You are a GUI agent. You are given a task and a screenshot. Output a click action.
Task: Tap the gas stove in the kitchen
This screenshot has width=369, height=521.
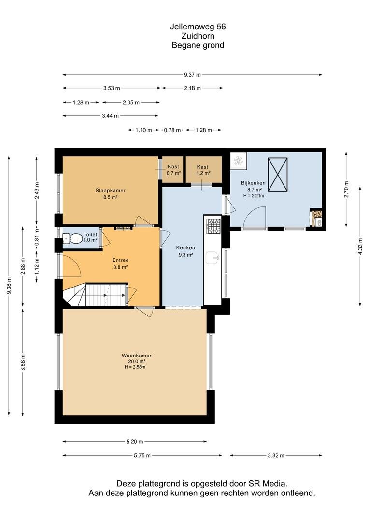click(x=213, y=225)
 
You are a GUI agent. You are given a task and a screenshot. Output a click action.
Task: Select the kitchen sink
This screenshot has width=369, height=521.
click(x=213, y=258)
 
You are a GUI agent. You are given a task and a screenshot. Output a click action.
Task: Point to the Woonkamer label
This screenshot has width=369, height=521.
click(x=136, y=356)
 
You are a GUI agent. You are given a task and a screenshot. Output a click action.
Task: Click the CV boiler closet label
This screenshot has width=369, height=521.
click(x=317, y=213)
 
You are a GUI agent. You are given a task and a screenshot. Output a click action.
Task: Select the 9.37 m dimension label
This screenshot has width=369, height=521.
click(x=193, y=75)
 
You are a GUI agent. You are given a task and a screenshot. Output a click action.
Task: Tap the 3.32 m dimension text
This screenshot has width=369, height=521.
click(x=276, y=455)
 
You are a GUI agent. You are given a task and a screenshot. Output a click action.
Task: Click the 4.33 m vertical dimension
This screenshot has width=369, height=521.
click(x=360, y=247)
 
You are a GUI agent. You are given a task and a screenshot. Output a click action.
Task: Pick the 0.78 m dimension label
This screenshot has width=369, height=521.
click(x=172, y=130)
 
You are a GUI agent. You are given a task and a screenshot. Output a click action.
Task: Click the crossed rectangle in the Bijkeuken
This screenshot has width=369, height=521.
click(x=278, y=175)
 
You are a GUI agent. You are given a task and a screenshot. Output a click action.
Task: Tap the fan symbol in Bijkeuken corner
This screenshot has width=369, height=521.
click(x=239, y=161)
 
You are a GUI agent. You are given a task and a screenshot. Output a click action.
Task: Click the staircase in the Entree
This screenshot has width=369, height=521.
click(x=95, y=294)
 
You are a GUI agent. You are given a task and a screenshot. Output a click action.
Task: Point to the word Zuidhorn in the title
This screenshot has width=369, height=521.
click(x=198, y=36)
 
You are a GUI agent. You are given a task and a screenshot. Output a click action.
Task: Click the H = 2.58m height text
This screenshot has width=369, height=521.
click(x=135, y=367)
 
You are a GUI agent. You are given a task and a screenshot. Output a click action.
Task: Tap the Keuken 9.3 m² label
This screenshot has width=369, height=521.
click(x=185, y=251)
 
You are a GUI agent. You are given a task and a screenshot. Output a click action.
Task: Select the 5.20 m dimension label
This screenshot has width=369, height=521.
click(x=135, y=441)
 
